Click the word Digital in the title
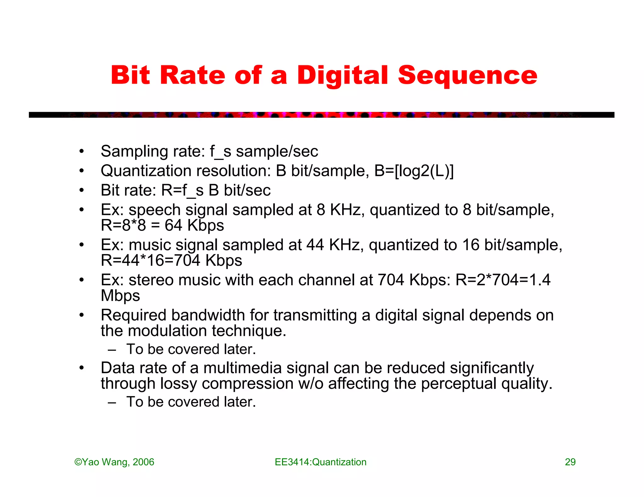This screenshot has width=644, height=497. coord(342,76)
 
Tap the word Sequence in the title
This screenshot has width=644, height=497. coord(467,76)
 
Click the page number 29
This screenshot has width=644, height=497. coord(570,462)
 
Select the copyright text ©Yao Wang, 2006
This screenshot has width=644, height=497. coord(114,462)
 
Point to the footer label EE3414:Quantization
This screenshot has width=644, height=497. coord(320,462)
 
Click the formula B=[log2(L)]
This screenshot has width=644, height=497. coord(414,171)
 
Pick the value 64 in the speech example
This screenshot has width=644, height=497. coord(173,225)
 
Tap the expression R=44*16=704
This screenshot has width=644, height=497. coord(150,260)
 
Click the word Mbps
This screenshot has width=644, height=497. coord(120,296)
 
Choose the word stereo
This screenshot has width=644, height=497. coord(151,280)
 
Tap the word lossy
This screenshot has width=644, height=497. coord(178,384)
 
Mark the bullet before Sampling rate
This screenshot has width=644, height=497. coord(81,151)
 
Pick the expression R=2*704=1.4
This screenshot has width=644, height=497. coord(503,280)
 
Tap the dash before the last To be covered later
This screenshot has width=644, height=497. coord(112,402)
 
